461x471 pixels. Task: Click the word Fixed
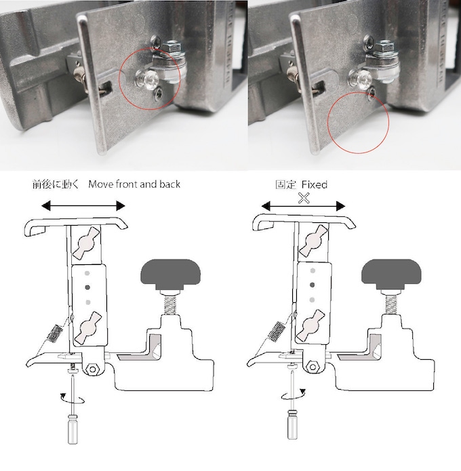(315, 184)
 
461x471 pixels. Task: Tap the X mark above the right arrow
(304, 198)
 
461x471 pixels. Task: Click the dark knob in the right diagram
(391, 274)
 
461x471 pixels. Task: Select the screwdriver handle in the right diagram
(292, 424)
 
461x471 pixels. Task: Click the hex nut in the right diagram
(313, 367)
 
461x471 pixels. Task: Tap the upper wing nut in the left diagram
(86, 242)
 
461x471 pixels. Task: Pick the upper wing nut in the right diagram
(313, 240)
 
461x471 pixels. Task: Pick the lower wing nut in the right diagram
(310, 326)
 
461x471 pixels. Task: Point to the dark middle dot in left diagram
(87, 288)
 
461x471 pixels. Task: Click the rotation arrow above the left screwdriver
(72, 398)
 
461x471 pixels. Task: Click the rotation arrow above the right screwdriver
(294, 395)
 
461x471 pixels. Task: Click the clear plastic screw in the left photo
(145, 78)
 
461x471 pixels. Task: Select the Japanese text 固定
(285, 184)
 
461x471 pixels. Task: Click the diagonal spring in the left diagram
(56, 333)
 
